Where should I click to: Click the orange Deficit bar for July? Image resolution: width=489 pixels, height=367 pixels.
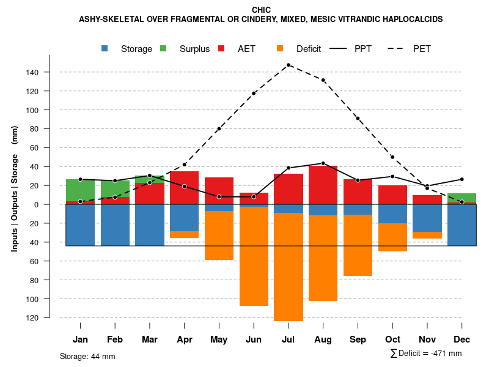click(x=289, y=267)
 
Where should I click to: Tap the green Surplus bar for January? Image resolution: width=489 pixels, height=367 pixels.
click(x=80, y=190)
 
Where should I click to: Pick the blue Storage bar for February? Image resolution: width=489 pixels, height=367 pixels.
click(x=115, y=225)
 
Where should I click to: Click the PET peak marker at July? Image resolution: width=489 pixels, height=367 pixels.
click(x=289, y=65)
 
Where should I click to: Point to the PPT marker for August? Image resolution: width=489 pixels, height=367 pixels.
click(x=323, y=163)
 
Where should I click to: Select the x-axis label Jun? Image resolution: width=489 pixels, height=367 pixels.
click(x=254, y=339)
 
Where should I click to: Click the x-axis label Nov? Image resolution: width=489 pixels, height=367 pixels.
click(x=427, y=339)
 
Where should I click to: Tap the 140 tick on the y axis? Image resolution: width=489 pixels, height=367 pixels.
click(x=32, y=72)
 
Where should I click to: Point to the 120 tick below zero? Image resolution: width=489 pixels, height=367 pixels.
click(x=32, y=318)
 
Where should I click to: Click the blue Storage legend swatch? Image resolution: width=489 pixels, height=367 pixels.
click(x=105, y=49)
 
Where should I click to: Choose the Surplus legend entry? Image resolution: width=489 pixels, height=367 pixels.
click(x=194, y=49)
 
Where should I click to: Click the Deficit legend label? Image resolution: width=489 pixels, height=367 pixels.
click(x=309, y=49)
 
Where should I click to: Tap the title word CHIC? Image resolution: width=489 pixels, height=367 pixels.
click(x=261, y=10)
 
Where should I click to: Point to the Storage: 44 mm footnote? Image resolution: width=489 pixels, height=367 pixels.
click(x=87, y=356)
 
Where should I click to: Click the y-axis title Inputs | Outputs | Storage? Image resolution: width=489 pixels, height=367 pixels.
click(x=15, y=188)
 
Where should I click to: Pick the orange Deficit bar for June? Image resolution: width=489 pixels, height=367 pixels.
click(x=254, y=256)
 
